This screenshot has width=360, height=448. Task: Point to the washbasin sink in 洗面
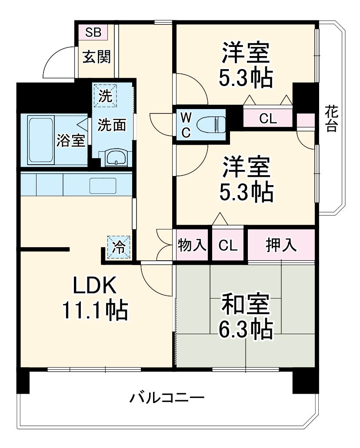[115, 158]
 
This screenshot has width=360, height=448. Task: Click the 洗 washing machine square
[105, 95]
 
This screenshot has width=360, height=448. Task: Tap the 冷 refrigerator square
[118, 247]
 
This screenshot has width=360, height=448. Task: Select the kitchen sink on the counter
[103, 186]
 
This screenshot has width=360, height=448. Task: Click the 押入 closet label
[281, 246]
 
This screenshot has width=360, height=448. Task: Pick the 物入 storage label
[192, 246]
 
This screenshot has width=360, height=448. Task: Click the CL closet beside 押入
[228, 246]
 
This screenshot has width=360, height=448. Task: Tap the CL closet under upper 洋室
[268, 119]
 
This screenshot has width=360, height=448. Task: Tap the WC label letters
[186, 125]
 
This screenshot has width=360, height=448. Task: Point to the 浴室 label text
[70, 140]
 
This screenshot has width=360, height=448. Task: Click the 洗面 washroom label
[111, 125]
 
